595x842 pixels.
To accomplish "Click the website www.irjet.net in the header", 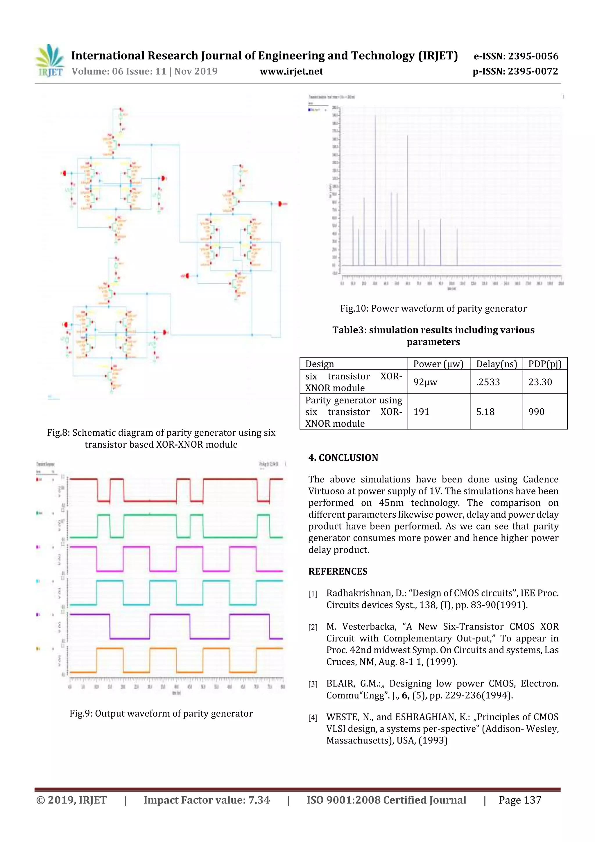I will [x=291, y=71].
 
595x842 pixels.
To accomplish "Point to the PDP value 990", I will [x=536, y=412].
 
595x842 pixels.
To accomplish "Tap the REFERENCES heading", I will [x=338, y=571].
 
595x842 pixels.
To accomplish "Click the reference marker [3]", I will [x=313, y=684].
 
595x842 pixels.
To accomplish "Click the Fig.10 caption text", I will [x=433, y=308].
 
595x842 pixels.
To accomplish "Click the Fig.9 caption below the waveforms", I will [x=161, y=713].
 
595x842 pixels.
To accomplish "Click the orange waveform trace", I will [x=110, y=648].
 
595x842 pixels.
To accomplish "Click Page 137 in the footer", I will [x=519, y=800].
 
